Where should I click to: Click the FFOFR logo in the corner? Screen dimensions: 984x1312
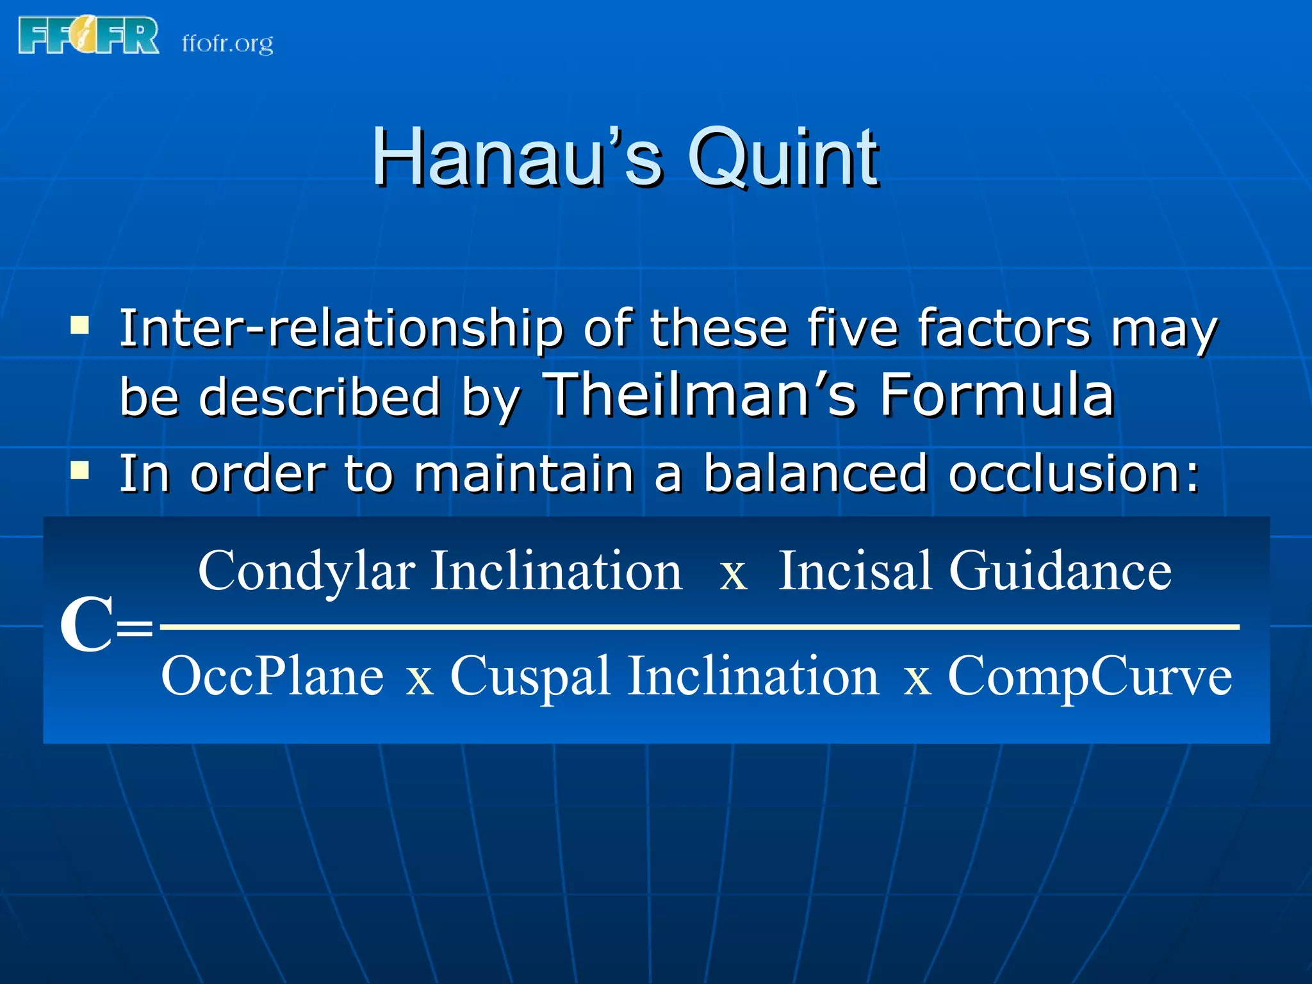[x=88, y=35]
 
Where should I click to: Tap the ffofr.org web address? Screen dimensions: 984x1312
[x=227, y=44]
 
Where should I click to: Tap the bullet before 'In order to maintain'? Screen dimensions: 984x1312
[x=79, y=471]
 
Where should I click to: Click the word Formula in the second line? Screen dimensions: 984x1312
[x=996, y=395]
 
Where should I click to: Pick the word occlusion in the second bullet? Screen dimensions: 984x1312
[x=1074, y=474]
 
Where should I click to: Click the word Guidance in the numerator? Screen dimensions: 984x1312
[x=1060, y=570]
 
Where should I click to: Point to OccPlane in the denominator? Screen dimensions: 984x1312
[x=272, y=676]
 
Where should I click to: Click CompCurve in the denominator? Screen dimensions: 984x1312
[x=1089, y=676]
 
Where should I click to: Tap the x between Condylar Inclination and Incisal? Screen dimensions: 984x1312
[x=734, y=574]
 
